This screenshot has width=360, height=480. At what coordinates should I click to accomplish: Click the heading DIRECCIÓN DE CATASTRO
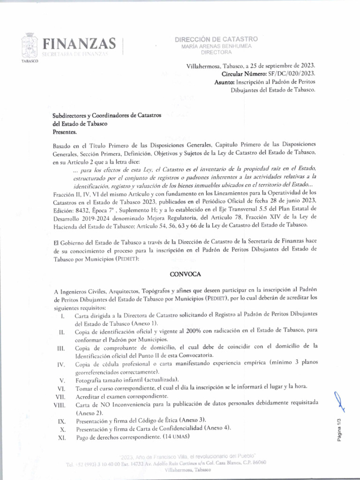[216, 39]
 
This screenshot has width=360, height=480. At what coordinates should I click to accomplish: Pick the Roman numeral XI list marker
[61, 438]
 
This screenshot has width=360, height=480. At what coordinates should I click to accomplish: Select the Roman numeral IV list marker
[60, 364]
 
